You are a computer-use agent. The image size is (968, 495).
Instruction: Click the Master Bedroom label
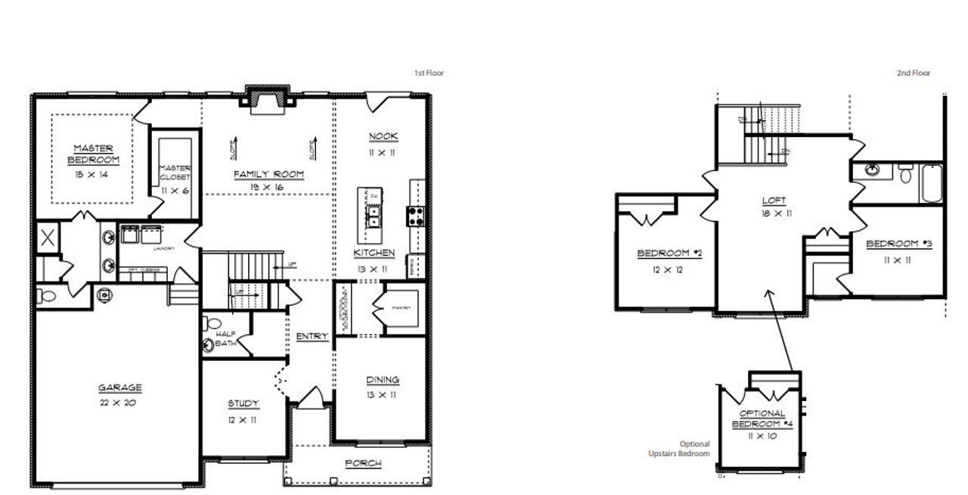[94, 154]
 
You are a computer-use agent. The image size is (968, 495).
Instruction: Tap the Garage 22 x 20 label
[119, 388]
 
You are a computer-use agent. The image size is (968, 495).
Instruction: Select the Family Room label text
[268, 174]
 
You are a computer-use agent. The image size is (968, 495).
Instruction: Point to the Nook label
[383, 136]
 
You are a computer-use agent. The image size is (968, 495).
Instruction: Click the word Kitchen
[373, 252]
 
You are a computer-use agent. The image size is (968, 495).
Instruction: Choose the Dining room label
[383, 380]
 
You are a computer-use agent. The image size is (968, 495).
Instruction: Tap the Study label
[244, 403]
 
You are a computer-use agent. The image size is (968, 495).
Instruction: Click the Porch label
[363, 463]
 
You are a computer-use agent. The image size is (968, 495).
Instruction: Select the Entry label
[312, 337]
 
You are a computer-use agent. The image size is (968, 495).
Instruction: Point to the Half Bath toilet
[209, 345]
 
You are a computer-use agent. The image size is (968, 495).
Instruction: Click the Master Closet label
[175, 173]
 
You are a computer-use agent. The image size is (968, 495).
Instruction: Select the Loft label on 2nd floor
[774, 201]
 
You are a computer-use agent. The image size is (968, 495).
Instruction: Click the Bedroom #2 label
[670, 253]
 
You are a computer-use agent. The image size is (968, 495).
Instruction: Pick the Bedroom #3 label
[898, 244]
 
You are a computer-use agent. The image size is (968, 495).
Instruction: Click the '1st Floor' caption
[428, 73]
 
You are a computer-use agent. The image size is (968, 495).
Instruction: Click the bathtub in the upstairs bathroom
[932, 182]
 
